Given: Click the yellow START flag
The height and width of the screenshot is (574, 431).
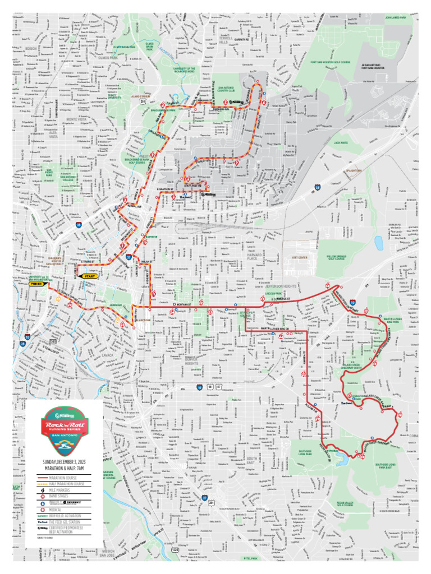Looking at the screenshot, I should coord(90,276).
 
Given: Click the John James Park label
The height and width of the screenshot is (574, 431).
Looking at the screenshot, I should coord(398,17).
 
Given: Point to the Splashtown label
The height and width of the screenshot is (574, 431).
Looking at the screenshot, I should coord(354,170).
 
